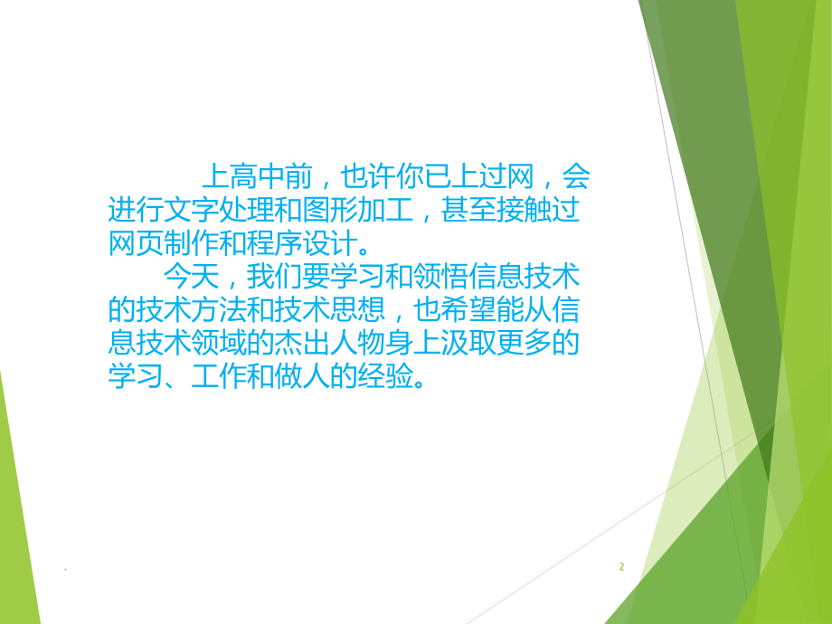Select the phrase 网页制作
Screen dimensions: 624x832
pyautogui.click(x=159, y=243)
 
